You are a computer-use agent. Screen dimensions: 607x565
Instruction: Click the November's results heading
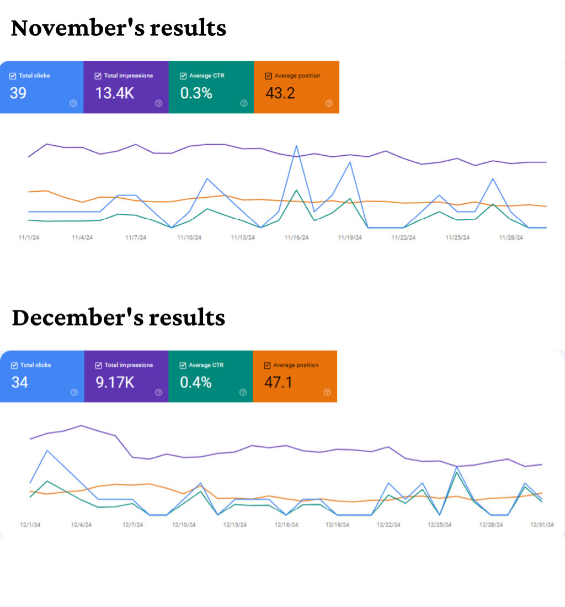point(119,28)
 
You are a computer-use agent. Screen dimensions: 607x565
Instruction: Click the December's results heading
point(119,318)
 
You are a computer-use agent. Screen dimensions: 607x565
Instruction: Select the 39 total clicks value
point(18,93)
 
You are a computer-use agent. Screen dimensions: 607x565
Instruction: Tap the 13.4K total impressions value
point(115,93)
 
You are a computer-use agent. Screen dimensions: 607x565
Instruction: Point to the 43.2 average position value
point(280,93)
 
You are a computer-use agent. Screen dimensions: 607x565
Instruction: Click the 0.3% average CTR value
point(196,93)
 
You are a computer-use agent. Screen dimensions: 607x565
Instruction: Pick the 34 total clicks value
point(19,382)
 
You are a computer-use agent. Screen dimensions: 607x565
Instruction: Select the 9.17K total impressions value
point(115,382)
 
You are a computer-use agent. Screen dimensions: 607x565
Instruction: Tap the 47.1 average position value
point(279,382)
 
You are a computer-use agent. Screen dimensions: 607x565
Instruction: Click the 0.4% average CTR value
point(196,382)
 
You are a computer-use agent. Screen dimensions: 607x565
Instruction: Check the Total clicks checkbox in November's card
point(13,76)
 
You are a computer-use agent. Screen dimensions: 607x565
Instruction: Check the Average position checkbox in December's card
point(268,365)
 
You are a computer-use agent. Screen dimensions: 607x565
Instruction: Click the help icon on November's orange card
point(329,103)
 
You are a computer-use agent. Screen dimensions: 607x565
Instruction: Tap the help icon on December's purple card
point(158,392)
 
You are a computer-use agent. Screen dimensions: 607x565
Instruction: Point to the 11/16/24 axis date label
point(296,238)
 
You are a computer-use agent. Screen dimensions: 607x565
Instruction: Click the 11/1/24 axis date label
point(29,238)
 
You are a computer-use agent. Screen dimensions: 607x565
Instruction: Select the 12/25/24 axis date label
point(440,525)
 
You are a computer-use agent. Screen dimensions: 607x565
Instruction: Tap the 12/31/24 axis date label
point(542,525)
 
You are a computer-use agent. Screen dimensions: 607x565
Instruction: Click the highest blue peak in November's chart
point(297,146)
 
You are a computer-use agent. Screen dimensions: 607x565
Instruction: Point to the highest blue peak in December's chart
point(47,450)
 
